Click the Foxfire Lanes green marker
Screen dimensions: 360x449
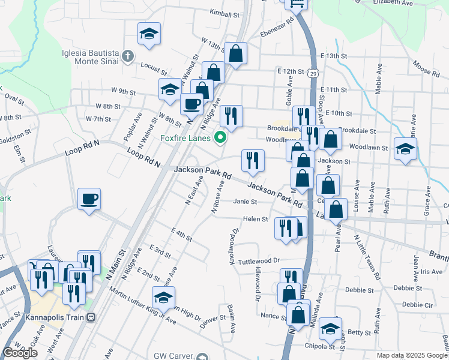tap(220, 138)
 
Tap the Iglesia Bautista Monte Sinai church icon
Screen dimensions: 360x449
tap(127, 57)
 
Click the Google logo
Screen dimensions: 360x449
tap(20, 353)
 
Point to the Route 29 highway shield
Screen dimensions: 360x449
tap(313, 73)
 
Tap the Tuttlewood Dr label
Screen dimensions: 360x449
tap(259, 261)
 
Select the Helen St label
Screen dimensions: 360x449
tap(255, 219)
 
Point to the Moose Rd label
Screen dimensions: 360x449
tap(427, 68)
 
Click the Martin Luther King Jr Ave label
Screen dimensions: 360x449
tap(143, 306)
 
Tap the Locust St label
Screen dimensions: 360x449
tap(153, 64)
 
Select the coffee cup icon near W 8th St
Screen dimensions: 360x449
tap(191, 103)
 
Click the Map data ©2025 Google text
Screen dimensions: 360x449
tap(412, 355)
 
